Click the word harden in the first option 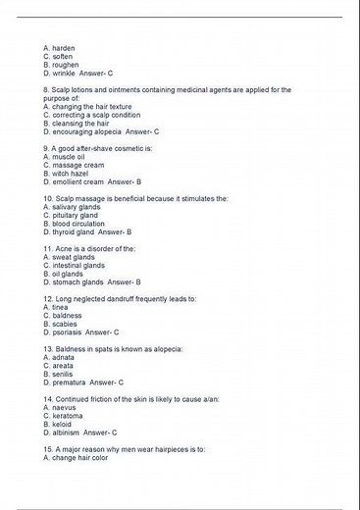(64, 48)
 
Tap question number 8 (48, 90)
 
